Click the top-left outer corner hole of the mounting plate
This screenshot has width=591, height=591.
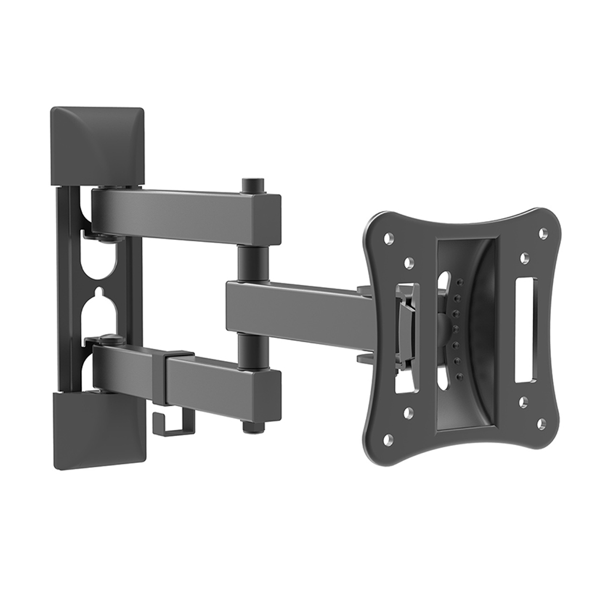point(389,237)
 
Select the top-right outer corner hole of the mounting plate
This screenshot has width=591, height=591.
point(543,231)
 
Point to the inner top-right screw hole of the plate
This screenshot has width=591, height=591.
point(524,257)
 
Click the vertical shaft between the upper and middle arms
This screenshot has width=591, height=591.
point(253,263)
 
